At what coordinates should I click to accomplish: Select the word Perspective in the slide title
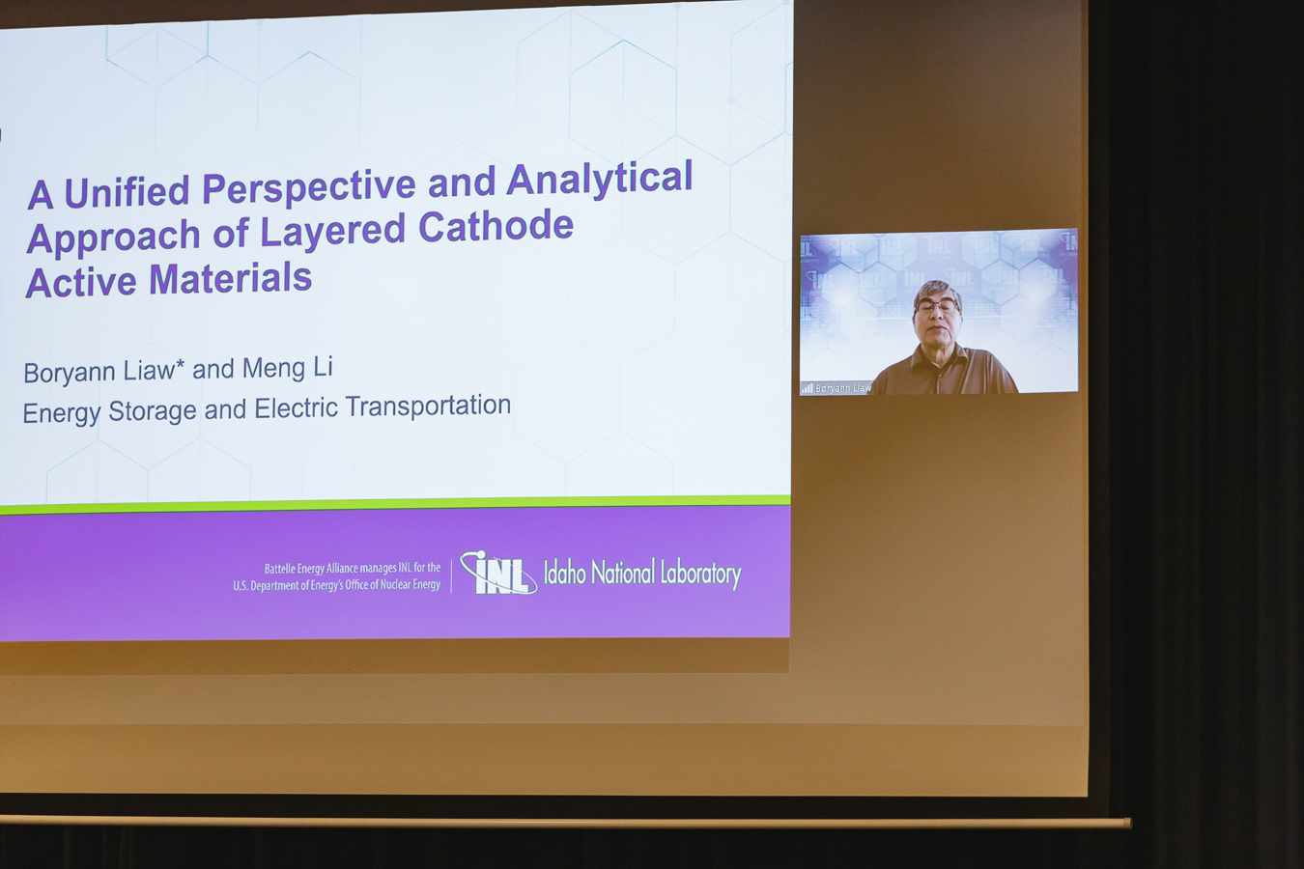[x=309, y=187]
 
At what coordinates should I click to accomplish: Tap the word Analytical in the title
[x=600, y=179]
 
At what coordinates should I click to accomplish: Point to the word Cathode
[x=496, y=226]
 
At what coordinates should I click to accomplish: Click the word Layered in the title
[x=332, y=231]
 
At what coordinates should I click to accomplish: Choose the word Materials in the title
[x=231, y=279]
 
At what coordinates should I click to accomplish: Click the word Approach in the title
[x=114, y=238]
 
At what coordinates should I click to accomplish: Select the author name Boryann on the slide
[x=70, y=373]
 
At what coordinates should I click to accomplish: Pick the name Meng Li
[x=288, y=368]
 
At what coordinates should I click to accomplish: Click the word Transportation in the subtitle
[x=428, y=406]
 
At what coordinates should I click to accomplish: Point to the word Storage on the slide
[x=153, y=411]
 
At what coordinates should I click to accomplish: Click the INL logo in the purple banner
[x=498, y=573]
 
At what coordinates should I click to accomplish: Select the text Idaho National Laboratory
[x=642, y=574]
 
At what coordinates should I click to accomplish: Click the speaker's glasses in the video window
[x=937, y=307]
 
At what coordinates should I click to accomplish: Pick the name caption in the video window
[x=843, y=388]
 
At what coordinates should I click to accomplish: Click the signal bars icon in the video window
[x=807, y=388]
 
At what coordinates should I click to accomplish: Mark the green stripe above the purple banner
[x=395, y=504]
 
